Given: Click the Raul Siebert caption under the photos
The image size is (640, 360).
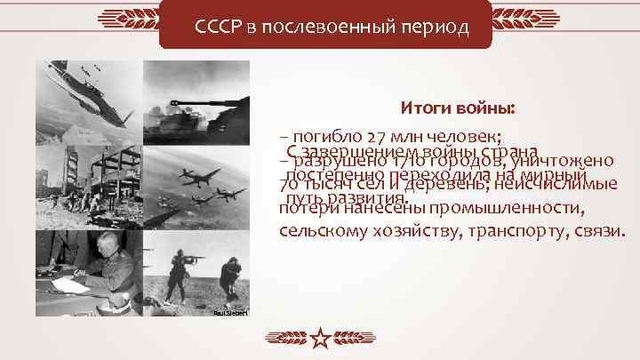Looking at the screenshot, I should tap(230, 314).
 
